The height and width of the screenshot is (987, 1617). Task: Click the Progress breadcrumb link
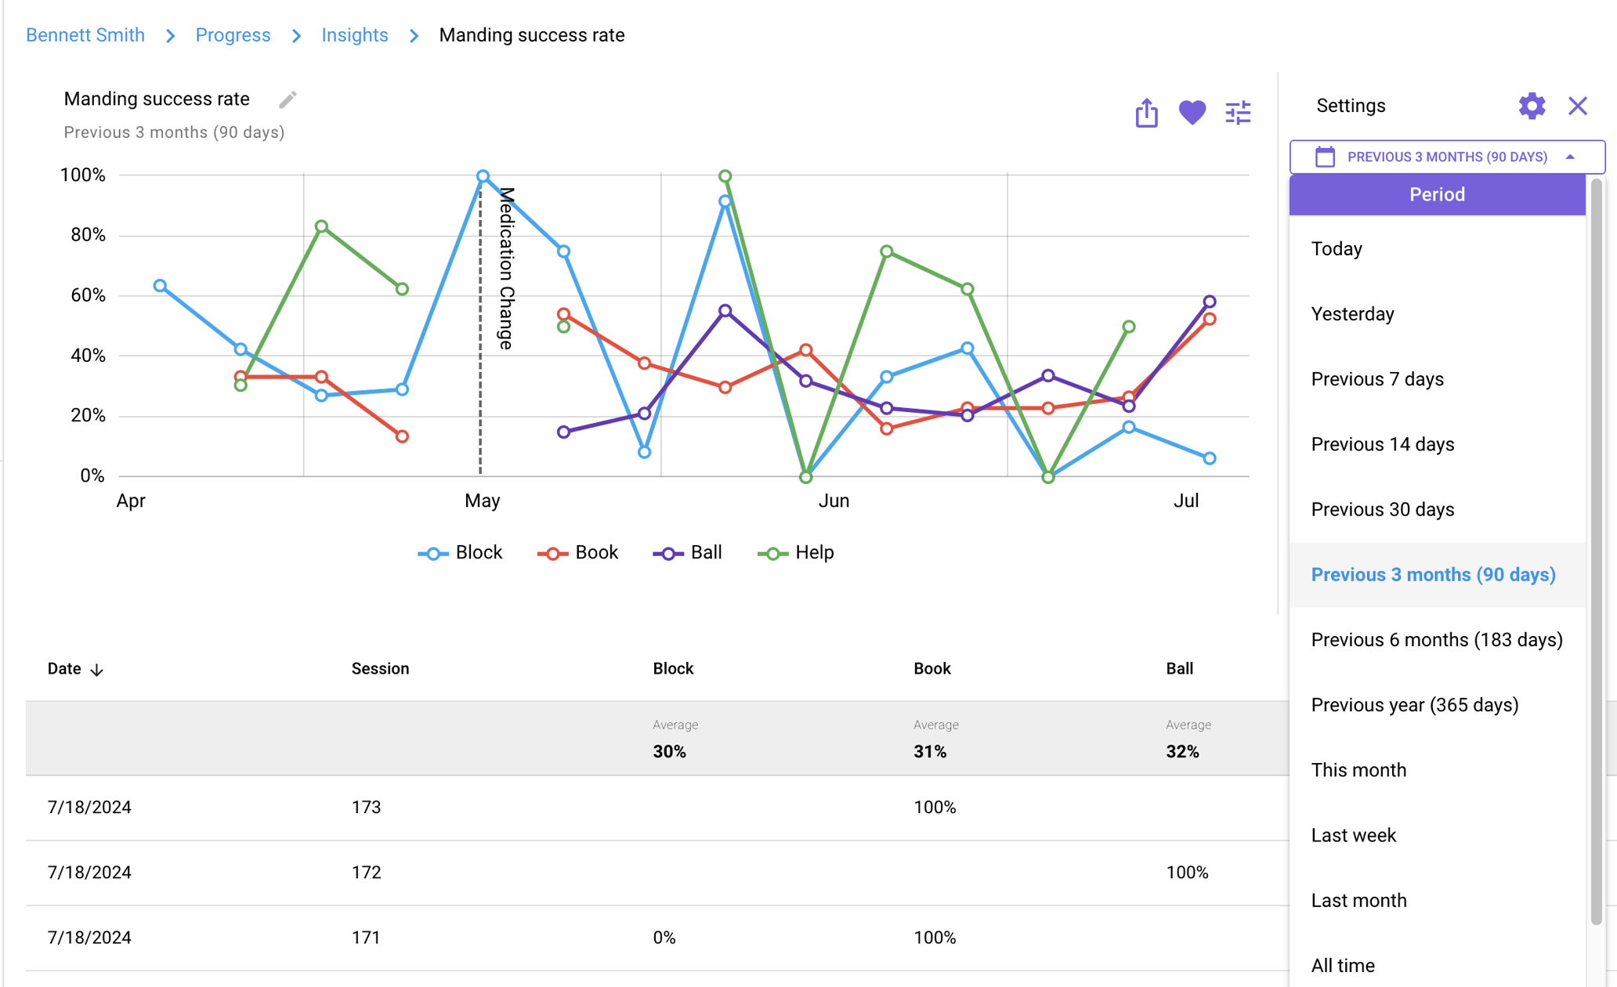click(x=233, y=35)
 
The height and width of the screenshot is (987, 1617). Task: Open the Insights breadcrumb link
click(x=354, y=35)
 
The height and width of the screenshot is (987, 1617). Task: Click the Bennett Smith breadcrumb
click(x=85, y=35)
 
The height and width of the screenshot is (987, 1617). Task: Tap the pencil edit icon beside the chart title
click(x=288, y=99)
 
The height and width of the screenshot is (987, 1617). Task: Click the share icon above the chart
click(x=1146, y=113)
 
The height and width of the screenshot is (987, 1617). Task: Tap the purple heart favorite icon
click(x=1192, y=113)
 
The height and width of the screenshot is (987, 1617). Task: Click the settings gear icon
click(x=1531, y=106)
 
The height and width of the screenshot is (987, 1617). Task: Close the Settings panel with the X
click(x=1577, y=106)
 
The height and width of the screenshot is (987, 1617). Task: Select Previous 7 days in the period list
click(x=1376, y=379)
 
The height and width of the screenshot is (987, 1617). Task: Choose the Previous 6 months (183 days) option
click(x=1436, y=640)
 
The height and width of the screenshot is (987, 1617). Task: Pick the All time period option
click(x=1343, y=965)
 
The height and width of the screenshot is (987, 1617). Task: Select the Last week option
click(x=1353, y=835)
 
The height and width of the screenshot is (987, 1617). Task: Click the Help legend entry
click(x=796, y=553)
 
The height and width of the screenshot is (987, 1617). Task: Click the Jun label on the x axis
click(x=834, y=501)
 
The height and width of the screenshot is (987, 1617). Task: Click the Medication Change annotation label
click(x=507, y=268)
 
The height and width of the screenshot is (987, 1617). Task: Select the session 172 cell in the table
click(x=366, y=873)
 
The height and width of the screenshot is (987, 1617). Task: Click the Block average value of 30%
click(x=669, y=752)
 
